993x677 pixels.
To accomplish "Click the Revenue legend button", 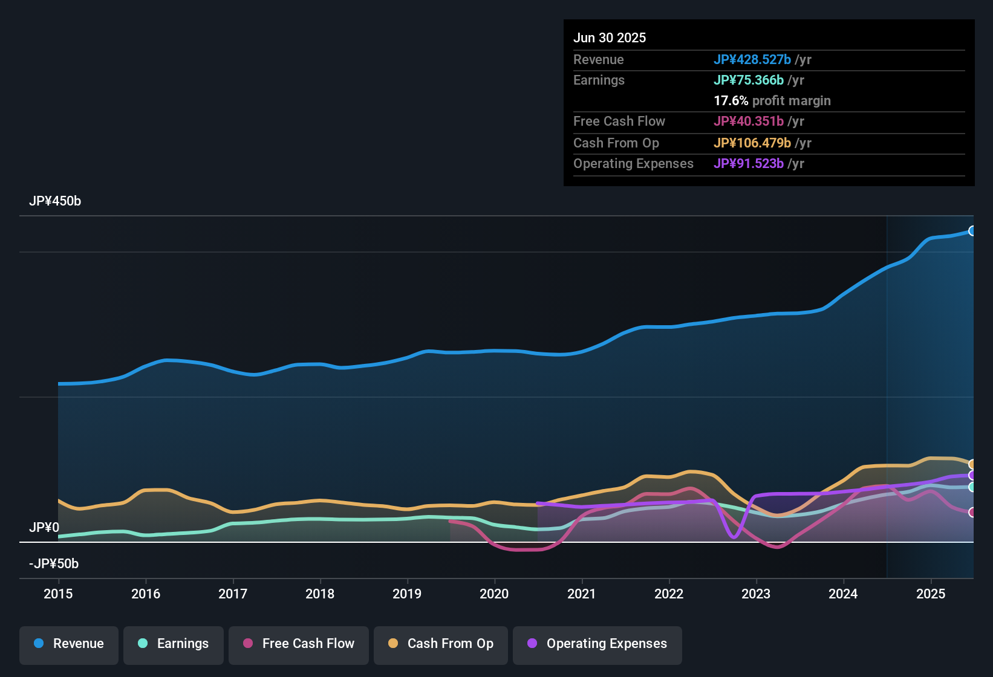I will tap(69, 644).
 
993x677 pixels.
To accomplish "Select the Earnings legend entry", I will tap(174, 644).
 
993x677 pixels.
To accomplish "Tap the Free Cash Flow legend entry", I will tap(299, 644).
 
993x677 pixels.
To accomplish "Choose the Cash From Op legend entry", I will tap(441, 644).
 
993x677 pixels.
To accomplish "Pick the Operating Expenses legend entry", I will tap(597, 644).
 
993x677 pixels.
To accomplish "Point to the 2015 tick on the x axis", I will tap(58, 594).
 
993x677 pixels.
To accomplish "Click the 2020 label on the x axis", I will tap(494, 594).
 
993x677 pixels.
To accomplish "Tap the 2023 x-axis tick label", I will tap(756, 594).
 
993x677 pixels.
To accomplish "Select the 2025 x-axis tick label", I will tap(930, 594).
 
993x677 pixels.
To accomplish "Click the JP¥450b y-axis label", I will tap(55, 201).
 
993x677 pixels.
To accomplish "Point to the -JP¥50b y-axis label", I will tap(54, 564).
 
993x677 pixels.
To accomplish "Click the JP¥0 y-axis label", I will tap(44, 528).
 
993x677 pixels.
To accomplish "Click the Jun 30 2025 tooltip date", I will tap(610, 38).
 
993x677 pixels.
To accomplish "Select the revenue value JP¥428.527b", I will tap(752, 60).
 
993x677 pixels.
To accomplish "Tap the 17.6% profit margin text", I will tap(772, 101).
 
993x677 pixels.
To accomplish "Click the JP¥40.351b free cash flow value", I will tap(748, 121).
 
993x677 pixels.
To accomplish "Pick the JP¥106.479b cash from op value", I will tap(752, 143).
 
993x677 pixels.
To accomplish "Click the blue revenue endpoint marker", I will tap(972, 231).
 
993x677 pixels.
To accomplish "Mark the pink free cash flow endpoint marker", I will tap(972, 513).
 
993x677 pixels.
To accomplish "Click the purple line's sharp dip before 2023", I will tap(734, 536).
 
